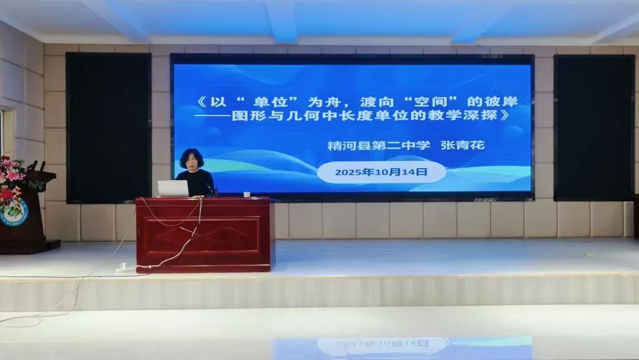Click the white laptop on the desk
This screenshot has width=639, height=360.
(x=173, y=188)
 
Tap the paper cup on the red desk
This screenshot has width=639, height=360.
(x=247, y=194)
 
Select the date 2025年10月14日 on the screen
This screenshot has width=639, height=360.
(x=381, y=172)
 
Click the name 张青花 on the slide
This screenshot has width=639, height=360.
(x=463, y=144)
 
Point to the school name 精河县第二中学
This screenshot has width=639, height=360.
(x=379, y=145)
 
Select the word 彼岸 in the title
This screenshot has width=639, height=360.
(x=504, y=101)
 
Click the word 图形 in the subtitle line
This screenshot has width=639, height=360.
(x=246, y=115)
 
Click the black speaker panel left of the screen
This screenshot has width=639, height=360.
(x=108, y=128)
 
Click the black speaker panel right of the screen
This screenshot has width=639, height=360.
(x=593, y=128)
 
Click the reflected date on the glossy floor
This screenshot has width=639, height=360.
(x=382, y=343)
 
